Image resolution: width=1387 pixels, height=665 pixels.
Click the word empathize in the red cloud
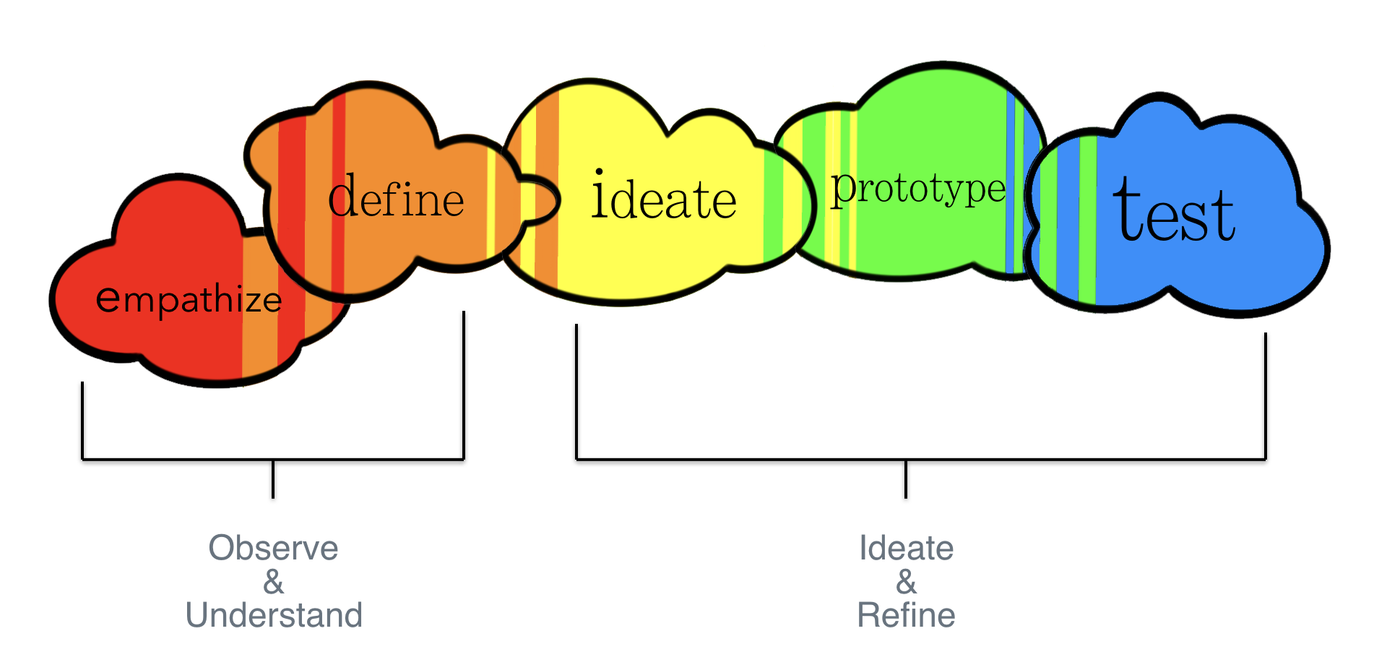tap(189, 299)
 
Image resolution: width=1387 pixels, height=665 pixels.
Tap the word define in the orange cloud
tap(396, 196)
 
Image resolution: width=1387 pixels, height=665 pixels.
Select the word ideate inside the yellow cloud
tap(664, 194)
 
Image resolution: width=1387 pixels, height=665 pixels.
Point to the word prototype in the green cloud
tap(918, 190)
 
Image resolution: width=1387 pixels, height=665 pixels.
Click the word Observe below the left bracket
tap(273, 548)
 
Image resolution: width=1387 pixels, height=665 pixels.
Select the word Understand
tap(274, 615)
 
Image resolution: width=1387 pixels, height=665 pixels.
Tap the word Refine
tap(906, 615)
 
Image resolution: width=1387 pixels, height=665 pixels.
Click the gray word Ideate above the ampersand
tap(906, 548)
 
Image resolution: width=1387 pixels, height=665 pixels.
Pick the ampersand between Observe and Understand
tap(273, 582)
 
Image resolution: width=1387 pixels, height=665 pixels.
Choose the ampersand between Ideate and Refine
tap(906, 582)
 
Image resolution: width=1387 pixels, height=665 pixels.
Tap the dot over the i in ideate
tap(598, 172)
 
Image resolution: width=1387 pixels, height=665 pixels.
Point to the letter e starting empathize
tap(108, 298)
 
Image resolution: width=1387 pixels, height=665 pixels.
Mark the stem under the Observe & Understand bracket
tap(273, 479)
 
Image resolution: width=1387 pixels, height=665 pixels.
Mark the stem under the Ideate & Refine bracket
tap(906, 479)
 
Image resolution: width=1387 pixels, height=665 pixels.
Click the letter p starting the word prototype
tap(842, 191)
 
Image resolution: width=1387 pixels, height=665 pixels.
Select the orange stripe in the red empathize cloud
tap(259, 307)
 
